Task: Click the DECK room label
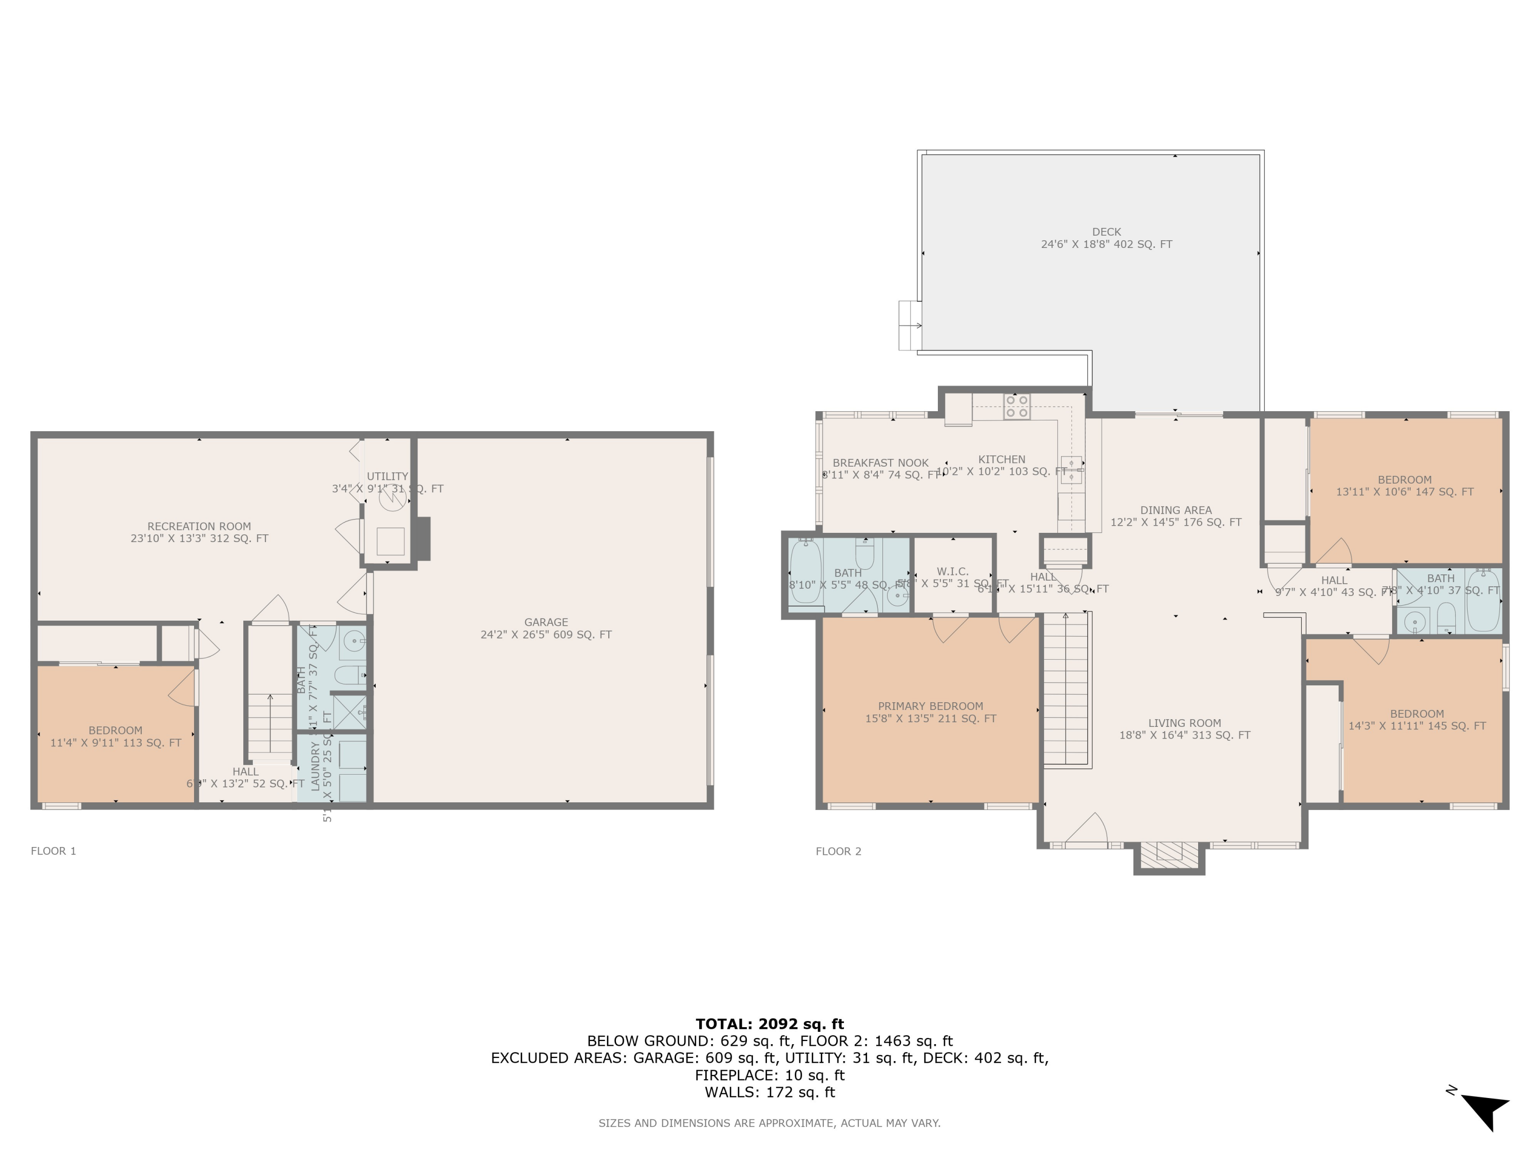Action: pyautogui.click(x=1106, y=232)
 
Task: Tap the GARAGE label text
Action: pyautogui.click(x=546, y=622)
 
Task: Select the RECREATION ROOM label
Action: pyautogui.click(x=199, y=526)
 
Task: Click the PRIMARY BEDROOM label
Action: pyautogui.click(x=930, y=706)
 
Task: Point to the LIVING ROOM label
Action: pyautogui.click(x=1184, y=723)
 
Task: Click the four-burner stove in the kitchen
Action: pyautogui.click(x=1016, y=407)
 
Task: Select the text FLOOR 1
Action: pyautogui.click(x=53, y=851)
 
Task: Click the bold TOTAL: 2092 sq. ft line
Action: pyautogui.click(x=769, y=1024)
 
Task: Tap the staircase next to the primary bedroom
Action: pyautogui.click(x=1066, y=689)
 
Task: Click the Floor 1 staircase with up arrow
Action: pyautogui.click(x=270, y=724)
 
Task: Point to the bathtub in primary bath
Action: pyautogui.click(x=805, y=573)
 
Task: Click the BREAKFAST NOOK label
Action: pyautogui.click(x=880, y=463)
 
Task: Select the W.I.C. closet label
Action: pyautogui.click(x=952, y=571)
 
